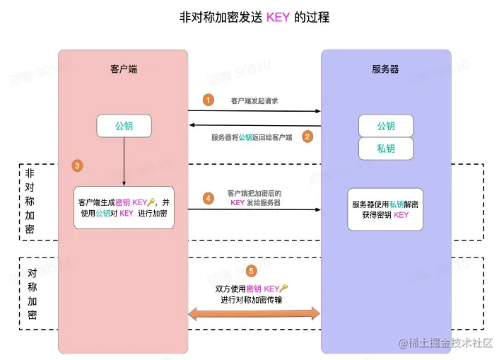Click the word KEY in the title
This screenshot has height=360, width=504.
(277, 16)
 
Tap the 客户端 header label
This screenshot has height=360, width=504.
(123, 69)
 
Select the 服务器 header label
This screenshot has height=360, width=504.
(385, 69)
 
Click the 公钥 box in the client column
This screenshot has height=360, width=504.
(124, 127)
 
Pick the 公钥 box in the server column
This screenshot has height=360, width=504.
(385, 126)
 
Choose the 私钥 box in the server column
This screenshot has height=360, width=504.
(385, 149)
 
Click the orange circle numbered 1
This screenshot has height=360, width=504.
(208, 100)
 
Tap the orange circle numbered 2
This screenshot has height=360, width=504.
(307, 137)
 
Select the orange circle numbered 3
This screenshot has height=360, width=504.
(78, 166)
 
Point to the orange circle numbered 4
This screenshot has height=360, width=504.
(208, 198)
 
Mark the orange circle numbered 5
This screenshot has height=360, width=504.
(252, 271)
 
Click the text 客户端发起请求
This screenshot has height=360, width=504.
(254, 101)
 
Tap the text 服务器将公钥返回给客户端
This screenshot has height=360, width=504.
(252, 137)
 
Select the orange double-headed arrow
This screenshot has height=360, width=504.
(254, 313)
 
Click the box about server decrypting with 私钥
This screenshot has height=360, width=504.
(385, 209)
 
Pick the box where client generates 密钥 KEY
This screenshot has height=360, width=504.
(124, 207)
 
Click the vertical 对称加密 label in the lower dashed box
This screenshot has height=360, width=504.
(33, 294)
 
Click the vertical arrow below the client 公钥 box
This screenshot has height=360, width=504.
(124, 161)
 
